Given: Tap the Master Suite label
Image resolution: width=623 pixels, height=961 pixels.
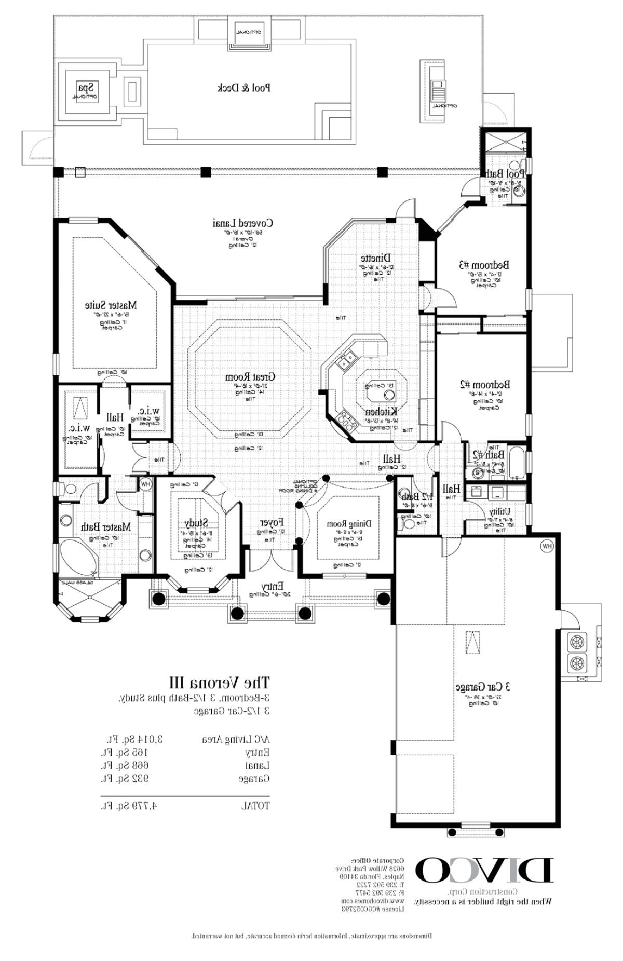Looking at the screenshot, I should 111,305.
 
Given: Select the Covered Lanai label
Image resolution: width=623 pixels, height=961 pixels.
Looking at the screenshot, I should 243,223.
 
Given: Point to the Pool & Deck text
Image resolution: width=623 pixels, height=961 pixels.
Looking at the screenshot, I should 243,88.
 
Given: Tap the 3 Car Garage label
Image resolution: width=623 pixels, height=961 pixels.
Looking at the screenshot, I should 483,686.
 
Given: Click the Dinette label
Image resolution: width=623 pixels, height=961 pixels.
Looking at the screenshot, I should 376,258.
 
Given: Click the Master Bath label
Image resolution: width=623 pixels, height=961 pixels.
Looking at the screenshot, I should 106,527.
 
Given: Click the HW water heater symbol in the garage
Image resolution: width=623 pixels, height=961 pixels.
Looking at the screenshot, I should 546,546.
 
